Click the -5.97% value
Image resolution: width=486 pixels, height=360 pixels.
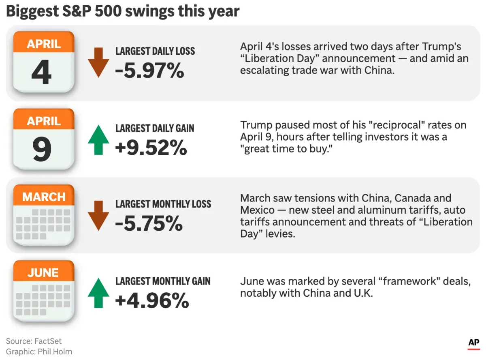149,71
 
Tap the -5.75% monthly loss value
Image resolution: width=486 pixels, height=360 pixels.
149,223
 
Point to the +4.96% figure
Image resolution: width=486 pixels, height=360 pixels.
152,300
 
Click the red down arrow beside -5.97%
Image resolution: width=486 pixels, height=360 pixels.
98,62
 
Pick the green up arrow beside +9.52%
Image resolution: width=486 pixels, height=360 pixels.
98,139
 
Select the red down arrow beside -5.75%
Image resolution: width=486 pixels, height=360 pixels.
98,215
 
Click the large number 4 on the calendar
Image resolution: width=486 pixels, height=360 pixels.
42,73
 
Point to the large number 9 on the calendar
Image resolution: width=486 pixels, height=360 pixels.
42,149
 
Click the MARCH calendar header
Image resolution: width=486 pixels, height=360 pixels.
44,197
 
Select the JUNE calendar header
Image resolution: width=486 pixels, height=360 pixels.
43,273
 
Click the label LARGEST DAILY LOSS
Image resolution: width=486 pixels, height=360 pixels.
155,51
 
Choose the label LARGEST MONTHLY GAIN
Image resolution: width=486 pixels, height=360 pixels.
163,281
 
